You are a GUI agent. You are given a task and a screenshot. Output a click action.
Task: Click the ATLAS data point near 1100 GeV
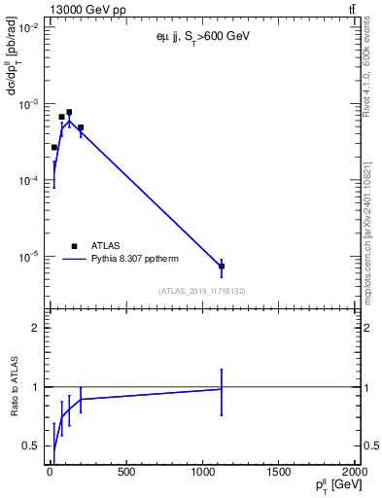(x=222, y=266)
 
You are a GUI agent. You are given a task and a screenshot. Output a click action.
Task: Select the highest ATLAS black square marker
(x=69, y=112)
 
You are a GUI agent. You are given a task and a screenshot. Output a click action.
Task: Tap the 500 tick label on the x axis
(x=125, y=474)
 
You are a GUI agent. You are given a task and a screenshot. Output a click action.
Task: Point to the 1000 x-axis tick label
(x=202, y=474)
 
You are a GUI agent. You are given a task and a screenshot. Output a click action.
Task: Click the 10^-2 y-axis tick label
(x=26, y=28)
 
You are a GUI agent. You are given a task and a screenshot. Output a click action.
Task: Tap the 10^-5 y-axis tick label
(x=26, y=257)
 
